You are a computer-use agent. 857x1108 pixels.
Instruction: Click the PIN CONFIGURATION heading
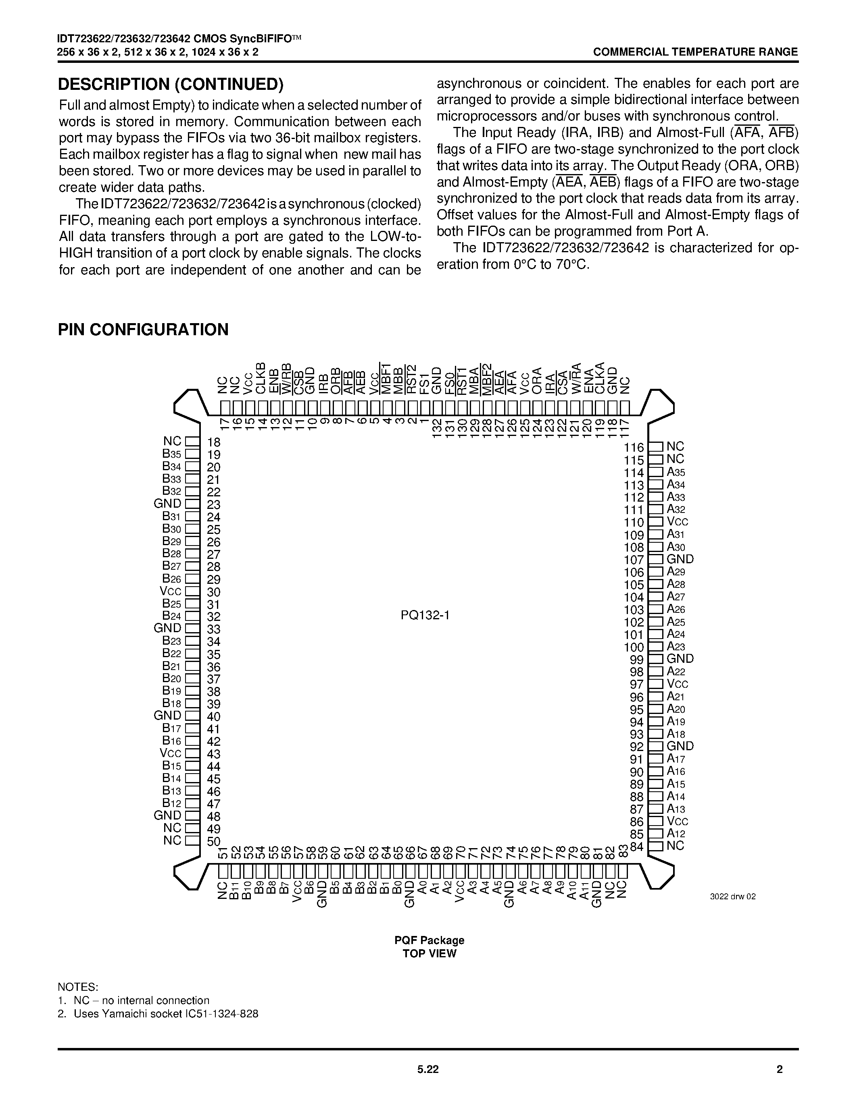143,330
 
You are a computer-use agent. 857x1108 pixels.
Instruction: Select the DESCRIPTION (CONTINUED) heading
171,84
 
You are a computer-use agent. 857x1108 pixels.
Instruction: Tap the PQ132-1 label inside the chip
425,615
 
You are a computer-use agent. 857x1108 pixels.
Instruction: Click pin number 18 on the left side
214,442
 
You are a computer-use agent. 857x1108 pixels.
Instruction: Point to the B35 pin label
172,454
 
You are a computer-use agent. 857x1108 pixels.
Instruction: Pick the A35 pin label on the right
676,472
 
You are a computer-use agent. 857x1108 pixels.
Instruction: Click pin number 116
634,448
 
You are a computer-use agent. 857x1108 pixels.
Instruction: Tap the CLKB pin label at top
261,378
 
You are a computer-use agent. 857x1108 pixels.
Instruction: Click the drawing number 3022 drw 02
733,896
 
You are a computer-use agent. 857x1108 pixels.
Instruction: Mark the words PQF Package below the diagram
430,940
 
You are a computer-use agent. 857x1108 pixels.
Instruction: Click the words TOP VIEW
430,953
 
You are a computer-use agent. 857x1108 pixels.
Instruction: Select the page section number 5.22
428,1069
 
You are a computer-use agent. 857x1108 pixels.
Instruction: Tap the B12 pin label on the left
172,803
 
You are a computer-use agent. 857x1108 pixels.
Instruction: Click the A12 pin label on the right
676,834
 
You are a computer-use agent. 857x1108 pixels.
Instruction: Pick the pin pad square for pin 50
192,840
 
